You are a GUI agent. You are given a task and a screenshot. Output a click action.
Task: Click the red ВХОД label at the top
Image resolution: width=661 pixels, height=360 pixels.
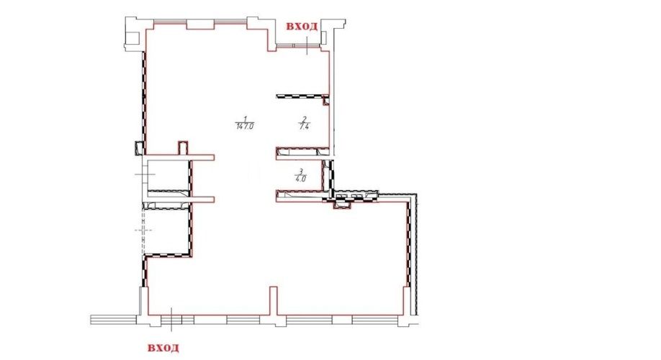tap(302, 26)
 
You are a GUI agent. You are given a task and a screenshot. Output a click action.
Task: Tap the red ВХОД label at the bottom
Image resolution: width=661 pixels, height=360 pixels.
tap(163, 348)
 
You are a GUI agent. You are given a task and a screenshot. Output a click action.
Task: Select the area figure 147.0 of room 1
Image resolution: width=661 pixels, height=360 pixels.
tap(245, 125)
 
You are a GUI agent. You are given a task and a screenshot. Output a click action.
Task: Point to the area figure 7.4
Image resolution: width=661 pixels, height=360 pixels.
tap(304, 125)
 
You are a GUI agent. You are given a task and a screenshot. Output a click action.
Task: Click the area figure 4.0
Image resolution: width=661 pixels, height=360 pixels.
tap(300, 178)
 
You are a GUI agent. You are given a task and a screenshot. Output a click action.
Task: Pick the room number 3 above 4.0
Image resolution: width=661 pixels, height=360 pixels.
tap(300, 171)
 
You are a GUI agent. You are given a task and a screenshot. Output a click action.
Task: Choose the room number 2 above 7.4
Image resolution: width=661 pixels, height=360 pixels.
tap(304, 119)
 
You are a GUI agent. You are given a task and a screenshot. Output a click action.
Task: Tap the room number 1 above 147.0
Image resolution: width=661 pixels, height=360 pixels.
tap(245, 119)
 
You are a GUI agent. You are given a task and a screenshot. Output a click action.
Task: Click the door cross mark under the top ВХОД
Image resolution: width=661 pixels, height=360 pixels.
tap(307, 45)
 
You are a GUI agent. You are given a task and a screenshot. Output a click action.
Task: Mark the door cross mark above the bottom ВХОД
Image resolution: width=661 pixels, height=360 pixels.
tap(171, 320)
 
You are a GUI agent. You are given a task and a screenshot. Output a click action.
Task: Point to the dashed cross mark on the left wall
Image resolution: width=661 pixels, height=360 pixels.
tap(143, 230)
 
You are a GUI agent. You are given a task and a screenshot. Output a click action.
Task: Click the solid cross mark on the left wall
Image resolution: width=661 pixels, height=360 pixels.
tap(145, 174)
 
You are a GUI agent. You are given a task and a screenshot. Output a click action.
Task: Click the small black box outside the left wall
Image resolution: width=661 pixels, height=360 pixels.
tap(138, 148)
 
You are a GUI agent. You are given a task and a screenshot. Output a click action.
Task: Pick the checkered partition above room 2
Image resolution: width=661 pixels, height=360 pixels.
tap(302, 96)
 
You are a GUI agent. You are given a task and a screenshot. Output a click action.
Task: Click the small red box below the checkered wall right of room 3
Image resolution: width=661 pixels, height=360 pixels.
tap(342, 205)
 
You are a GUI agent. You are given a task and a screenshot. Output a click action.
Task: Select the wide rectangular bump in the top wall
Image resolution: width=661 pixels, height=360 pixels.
tap(201, 24)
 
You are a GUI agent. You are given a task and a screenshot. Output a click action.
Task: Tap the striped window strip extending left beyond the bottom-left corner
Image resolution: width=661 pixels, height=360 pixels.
tap(114, 320)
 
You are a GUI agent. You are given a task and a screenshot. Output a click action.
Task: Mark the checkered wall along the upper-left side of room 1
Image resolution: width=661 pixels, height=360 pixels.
tap(144, 102)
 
